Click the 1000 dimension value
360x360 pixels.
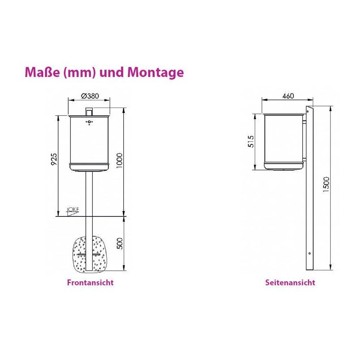(119, 160)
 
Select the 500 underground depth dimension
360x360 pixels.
(119, 243)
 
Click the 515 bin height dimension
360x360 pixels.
(251, 141)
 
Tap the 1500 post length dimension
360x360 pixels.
(326, 184)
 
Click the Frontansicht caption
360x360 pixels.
(90, 283)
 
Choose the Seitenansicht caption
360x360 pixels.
(290, 283)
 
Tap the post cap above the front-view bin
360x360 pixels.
(89, 111)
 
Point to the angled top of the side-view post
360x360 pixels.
(309, 109)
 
